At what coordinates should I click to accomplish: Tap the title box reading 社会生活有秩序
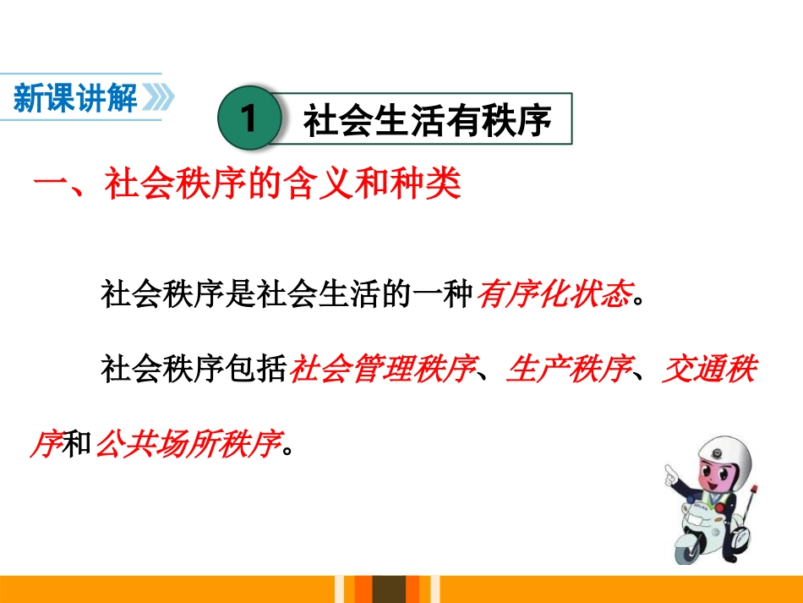click(427, 120)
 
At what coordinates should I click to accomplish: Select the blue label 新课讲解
click(76, 99)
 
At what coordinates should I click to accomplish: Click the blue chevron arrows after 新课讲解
click(159, 99)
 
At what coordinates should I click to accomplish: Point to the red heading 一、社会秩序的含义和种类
click(247, 184)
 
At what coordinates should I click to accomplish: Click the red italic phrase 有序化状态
click(554, 295)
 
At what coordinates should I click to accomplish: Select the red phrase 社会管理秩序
click(380, 370)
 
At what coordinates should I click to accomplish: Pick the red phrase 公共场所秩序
click(188, 443)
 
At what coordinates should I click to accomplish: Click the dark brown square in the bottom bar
click(391, 589)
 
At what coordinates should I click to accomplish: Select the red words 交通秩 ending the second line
click(708, 370)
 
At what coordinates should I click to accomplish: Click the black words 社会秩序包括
click(194, 370)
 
